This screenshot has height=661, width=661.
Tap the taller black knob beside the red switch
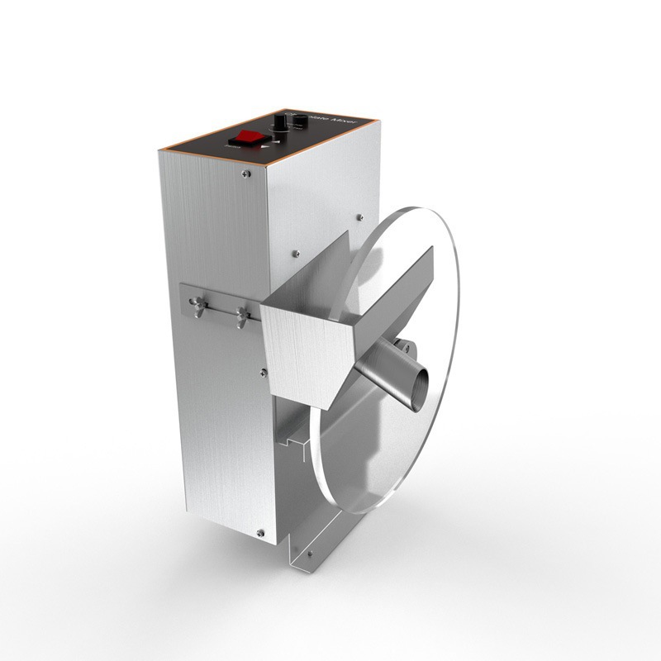281,124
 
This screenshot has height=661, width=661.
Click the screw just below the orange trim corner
246,174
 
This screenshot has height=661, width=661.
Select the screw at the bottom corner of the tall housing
260,533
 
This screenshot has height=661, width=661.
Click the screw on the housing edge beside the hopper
263,372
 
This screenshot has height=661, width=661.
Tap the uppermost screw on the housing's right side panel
359,217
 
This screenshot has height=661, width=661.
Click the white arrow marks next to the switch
264,146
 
